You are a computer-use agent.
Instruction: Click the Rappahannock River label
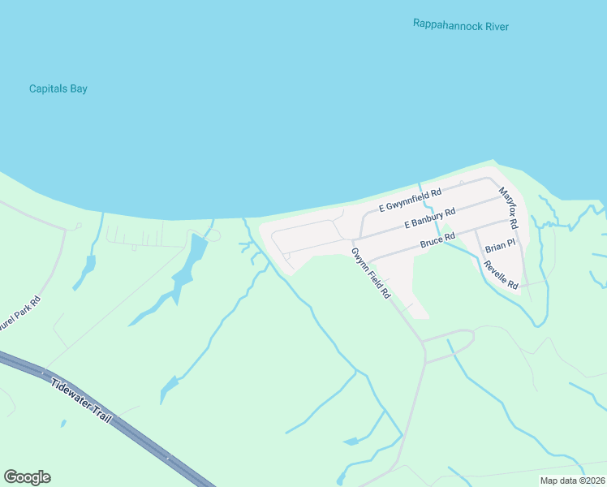(x=460, y=26)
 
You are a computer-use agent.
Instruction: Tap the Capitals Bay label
(x=58, y=88)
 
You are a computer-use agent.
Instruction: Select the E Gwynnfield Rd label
(x=410, y=200)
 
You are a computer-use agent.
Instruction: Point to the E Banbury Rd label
(x=429, y=222)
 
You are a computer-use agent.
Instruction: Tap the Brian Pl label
(x=499, y=246)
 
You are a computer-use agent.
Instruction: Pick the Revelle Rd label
(x=501, y=275)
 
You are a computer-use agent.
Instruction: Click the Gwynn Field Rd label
(x=371, y=272)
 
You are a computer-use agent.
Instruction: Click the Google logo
(x=27, y=477)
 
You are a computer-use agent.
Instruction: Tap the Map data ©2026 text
(x=571, y=481)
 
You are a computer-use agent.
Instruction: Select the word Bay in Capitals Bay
(x=78, y=88)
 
